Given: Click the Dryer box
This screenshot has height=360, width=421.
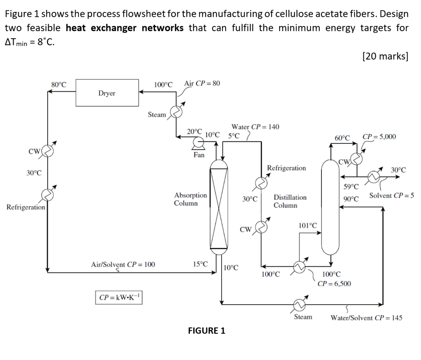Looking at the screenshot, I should pos(107,93).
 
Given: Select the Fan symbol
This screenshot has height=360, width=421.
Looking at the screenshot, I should pos(199,143).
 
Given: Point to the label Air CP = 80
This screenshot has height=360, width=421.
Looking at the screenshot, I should pos(202,83).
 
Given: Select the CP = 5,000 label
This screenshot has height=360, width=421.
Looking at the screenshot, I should pos(379,137).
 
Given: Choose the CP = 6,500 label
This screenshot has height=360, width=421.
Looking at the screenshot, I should pos(334,283).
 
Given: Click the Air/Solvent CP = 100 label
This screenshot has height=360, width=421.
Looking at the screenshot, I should pos(123,264).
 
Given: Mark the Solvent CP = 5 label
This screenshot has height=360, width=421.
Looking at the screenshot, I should pos(391,195).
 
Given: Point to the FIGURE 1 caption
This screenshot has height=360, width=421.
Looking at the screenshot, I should pos(206,330).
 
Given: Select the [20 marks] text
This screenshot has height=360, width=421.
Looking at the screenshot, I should pos(385,56).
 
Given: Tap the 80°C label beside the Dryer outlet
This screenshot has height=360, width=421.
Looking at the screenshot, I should pos(59,85).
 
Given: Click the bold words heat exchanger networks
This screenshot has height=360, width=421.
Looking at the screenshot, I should pos(125,28).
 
